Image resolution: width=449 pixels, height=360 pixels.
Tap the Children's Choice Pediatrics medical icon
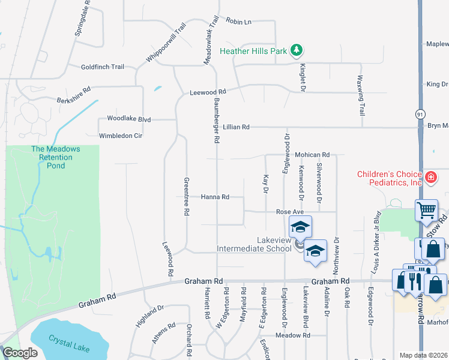pos(430,178)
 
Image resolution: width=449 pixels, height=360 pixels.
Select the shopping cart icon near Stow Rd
pos(426,211)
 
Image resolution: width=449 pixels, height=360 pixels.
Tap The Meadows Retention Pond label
pos(52,157)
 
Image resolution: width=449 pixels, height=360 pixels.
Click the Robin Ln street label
pos(238,22)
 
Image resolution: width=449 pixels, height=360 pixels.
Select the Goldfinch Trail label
pos(102,67)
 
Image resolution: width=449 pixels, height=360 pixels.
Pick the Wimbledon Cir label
pos(120,136)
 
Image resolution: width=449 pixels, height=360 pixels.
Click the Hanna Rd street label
pos(215,197)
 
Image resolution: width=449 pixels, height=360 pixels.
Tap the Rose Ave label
pos(290,212)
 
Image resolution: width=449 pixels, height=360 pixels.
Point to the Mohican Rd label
pos(312,155)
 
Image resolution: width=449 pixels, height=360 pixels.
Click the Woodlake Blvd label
pos(128,119)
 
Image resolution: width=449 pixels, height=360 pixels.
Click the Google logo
pos(20,353)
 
